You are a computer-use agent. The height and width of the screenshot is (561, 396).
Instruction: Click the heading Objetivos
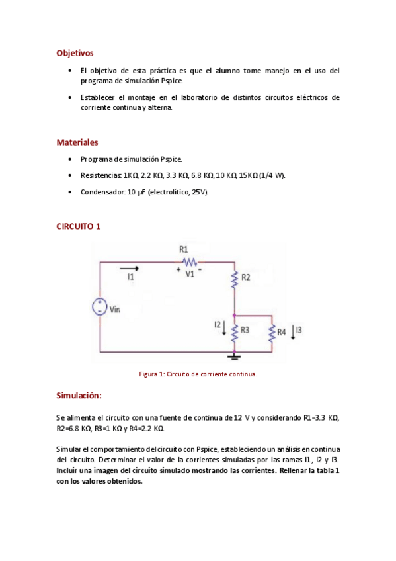point(75,52)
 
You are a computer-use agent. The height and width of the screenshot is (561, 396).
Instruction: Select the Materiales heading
point(77,142)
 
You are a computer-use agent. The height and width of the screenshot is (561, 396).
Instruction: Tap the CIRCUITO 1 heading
point(78,226)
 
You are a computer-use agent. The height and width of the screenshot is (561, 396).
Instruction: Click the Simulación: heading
point(79,395)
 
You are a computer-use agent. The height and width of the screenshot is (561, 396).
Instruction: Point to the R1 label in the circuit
point(183,249)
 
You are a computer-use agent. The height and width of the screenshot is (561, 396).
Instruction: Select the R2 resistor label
point(246,277)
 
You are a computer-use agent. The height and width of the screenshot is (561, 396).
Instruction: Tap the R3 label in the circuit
point(245,329)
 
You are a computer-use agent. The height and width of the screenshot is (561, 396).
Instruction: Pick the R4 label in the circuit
point(282,331)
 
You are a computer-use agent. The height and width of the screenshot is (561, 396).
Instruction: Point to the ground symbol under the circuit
point(234,357)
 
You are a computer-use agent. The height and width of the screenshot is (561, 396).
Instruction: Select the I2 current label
point(217,325)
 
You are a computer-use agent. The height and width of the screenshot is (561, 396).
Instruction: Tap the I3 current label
point(299,329)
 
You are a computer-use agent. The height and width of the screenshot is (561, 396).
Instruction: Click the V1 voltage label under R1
point(189,273)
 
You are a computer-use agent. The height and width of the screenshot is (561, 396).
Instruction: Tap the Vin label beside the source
point(115,308)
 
